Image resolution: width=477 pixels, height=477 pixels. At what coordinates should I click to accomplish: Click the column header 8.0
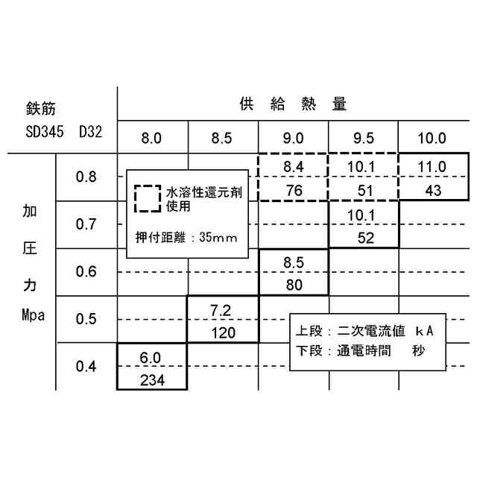151,138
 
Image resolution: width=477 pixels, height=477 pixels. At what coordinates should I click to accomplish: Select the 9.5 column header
363,138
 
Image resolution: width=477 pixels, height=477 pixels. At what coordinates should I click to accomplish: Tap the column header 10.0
432,138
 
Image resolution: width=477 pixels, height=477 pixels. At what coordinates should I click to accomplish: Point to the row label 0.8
86,177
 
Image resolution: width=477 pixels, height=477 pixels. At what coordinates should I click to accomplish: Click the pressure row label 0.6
86,271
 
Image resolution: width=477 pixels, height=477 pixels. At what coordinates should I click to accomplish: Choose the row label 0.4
86,366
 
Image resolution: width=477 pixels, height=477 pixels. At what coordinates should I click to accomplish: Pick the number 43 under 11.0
432,190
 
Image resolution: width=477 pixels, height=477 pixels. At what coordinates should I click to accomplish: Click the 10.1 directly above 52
363,215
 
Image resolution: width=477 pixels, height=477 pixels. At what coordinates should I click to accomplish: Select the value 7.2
222,309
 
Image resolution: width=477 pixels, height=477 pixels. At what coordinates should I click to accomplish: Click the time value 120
222,332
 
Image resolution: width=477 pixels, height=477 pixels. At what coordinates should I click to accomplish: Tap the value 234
151,379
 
